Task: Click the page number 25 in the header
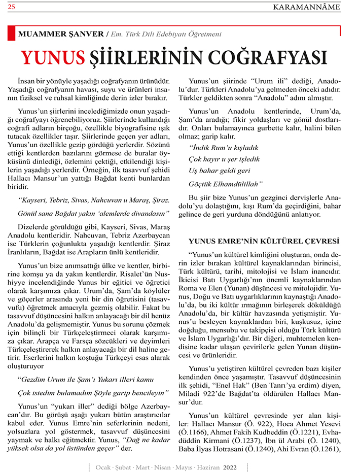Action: tap(11, 7)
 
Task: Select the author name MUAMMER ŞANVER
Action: tap(60, 35)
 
